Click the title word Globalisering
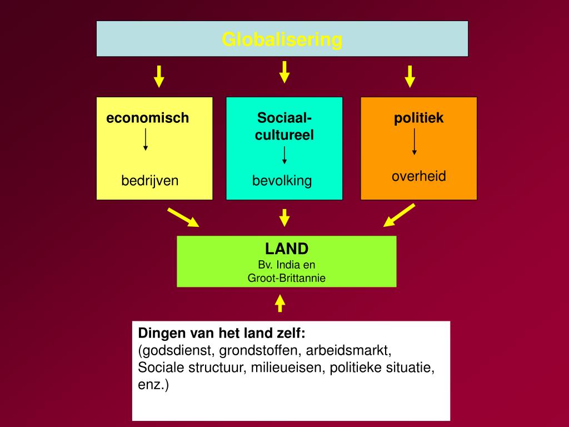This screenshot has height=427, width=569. (x=282, y=39)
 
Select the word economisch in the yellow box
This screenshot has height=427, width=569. (x=148, y=118)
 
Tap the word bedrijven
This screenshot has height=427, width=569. (x=150, y=180)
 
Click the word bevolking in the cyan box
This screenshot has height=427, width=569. (x=282, y=181)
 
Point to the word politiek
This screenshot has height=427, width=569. (x=419, y=118)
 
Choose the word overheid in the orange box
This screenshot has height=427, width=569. (x=419, y=176)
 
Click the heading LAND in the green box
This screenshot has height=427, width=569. (x=287, y=248)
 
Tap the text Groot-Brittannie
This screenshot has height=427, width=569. (x=287, y=278)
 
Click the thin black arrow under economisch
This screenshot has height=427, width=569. (x=146, y=140)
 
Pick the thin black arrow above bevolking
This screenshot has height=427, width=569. (x=284, y=155)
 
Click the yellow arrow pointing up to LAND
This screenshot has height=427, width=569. (x=280, y=302)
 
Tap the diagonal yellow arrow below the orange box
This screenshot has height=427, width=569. (x=399, y=215)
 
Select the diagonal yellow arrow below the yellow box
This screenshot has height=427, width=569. (x=183, y=217)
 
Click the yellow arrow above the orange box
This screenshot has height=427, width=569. (x=410, y=76)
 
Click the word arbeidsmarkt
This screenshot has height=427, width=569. (x=350, y=351)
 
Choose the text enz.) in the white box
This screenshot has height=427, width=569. (x=153, y=384)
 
